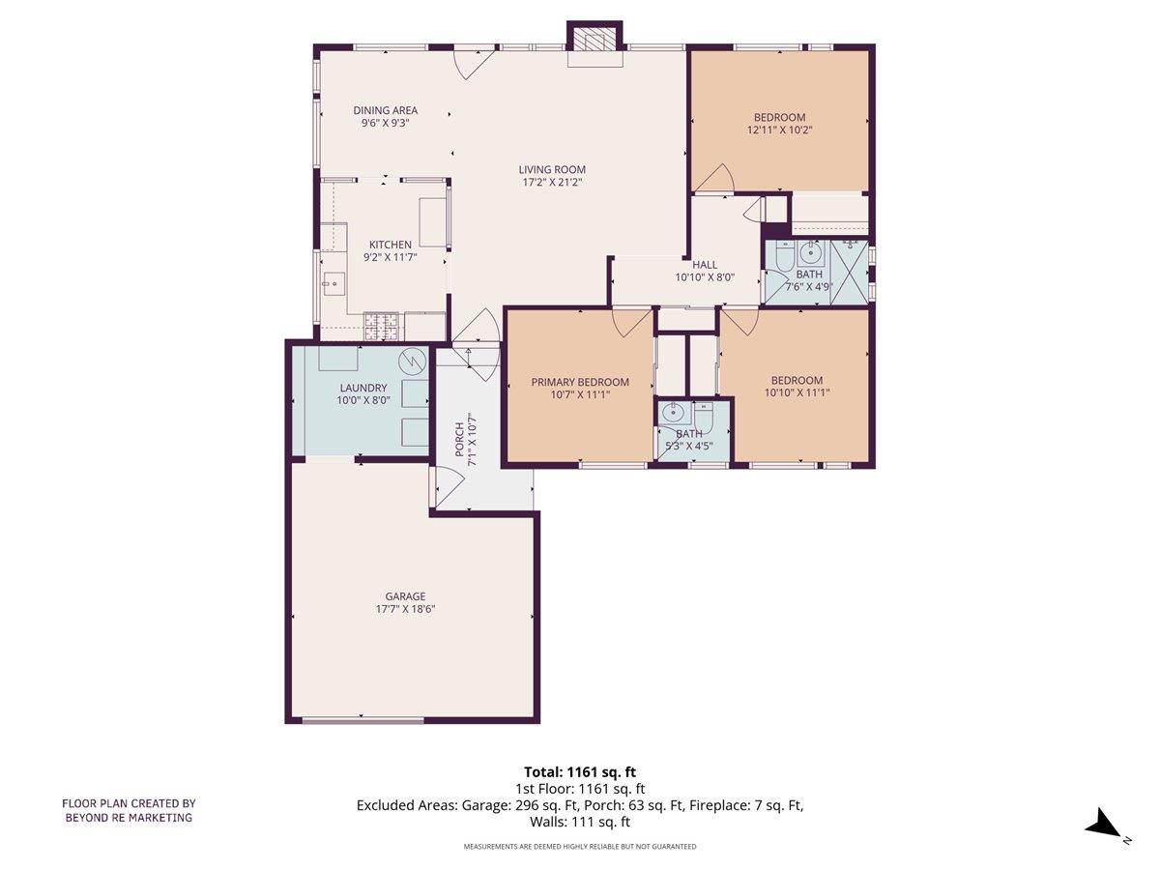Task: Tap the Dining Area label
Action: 385,110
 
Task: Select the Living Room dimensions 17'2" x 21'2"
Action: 552,182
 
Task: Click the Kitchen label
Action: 390,245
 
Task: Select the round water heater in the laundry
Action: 413,360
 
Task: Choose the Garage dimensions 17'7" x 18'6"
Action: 405,609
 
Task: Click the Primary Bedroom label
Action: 580,382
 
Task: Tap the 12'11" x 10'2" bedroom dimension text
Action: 779,130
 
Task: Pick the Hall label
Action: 704,264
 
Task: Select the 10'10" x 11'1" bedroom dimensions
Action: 797,392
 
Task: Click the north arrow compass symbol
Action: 1103,826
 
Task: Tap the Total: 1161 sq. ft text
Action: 580,771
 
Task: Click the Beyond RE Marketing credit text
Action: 129,817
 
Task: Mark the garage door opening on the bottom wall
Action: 362,720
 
